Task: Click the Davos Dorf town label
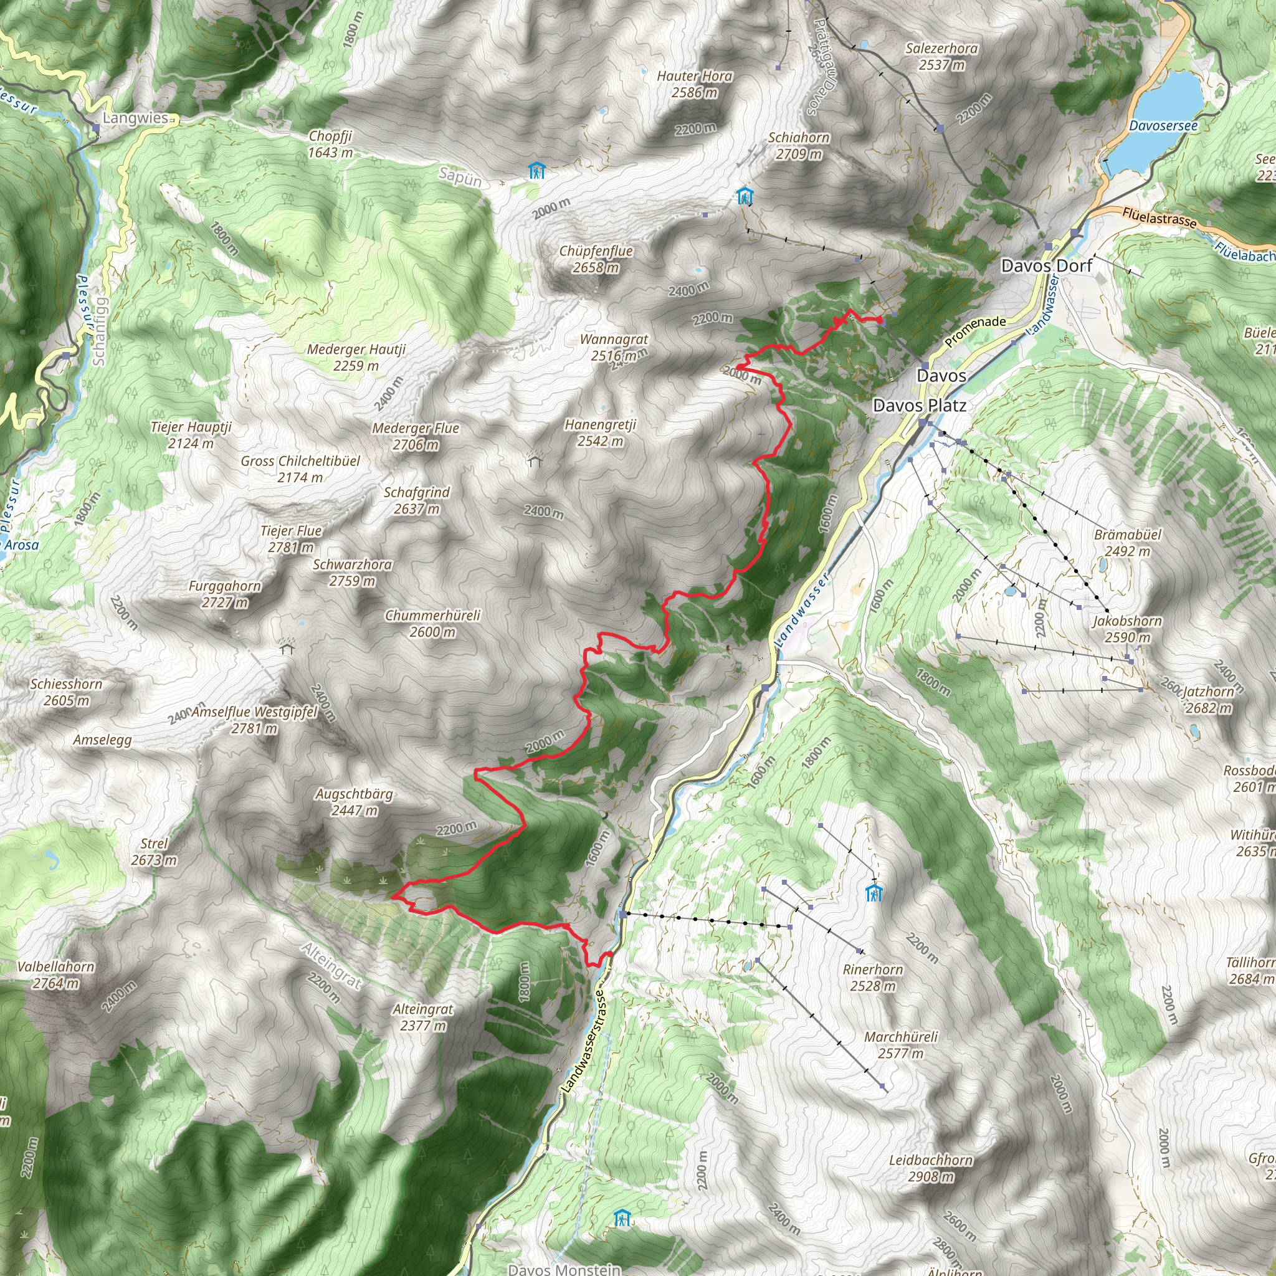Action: click(1046, 266)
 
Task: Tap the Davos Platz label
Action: click(920, 406)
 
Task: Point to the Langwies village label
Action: click(135, 118)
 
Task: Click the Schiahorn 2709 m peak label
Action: click(799, 145)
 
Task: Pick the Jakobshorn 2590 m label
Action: click(1126, 629)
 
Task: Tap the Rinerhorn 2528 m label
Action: click(872, 978)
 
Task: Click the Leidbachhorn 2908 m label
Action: click(930, 1168)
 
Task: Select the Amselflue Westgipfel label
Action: click(254, 720)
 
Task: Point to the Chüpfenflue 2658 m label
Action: click(596, 259)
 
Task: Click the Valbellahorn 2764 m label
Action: click(57, 975)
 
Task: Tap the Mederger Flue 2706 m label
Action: click(416, 436)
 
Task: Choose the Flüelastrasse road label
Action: click(1158, 217)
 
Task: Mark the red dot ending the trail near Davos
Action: click(880, 320)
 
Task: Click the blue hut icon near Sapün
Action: click(537, 171)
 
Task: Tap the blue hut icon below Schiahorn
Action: click(745, 196)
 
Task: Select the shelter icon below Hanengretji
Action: click(535, 459)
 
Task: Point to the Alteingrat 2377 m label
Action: click(422, 1017)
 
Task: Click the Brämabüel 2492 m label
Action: click(1126, 542)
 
